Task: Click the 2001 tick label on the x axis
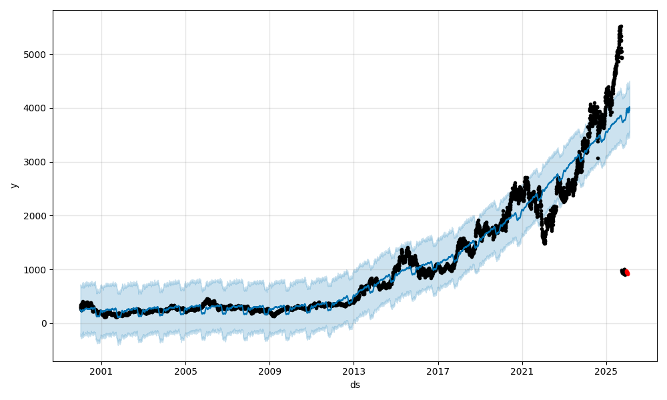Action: click(101, 371)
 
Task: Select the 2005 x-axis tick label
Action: click(185, 371)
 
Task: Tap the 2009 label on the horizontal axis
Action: click(269, 371)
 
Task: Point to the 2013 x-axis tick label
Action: click(354, 371)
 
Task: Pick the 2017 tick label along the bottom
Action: click(438, 371)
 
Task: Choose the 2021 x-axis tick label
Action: click(522, 371)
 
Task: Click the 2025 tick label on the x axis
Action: click(606, 371)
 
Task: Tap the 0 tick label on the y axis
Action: click(44, 323)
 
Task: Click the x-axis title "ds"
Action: click(355, 385)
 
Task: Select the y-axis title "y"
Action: click(13, 185)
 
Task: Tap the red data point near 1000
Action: click(627, 273)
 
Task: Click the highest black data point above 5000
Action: click(620, 27)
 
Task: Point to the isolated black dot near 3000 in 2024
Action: click(598, 158)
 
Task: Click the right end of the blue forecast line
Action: click(628, 107)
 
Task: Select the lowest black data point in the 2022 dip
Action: click(545, 243)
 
